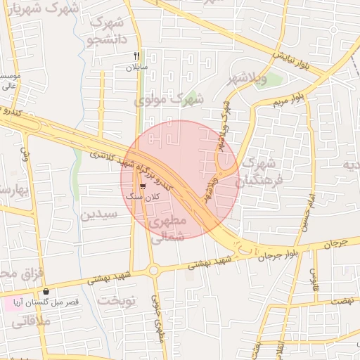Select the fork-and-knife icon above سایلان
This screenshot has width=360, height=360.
click(x=138, y=56)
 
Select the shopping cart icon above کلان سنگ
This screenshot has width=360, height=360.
click(x=143, y=186)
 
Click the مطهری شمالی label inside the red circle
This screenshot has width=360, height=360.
click(x=168, y=229)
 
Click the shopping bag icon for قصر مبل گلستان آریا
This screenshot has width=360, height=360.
click(x=46, y=291)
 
